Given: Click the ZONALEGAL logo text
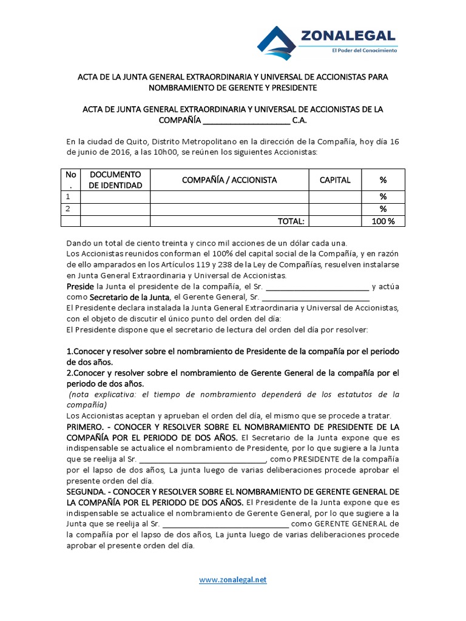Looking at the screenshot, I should coord(348,36).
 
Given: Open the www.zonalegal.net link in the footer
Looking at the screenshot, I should coord(233,580).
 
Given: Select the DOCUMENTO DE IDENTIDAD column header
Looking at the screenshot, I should coord(115,180).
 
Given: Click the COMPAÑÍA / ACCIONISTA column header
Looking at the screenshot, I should coord(229,180).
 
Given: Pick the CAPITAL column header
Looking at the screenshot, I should coord(335,180).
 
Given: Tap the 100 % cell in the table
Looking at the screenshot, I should coord(383,221).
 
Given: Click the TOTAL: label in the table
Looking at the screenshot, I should coord(291,221).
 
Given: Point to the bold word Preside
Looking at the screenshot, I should coord(80,286).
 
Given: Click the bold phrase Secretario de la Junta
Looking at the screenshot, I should coord(130,298).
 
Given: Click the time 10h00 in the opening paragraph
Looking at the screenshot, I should coord(158,153).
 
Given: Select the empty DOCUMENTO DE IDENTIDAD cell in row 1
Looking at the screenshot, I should coord(115,197).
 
